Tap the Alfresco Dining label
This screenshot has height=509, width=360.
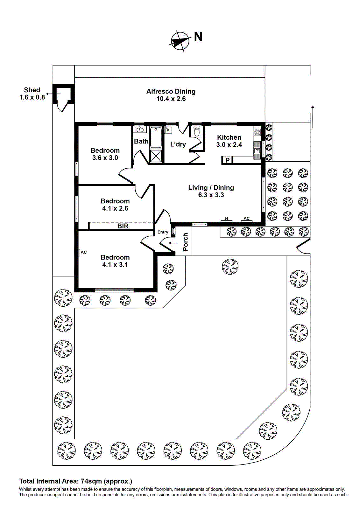pyautogui.click(x=171, y=92)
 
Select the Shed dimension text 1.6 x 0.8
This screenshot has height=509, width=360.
pyautogui.click(x=32, y=98)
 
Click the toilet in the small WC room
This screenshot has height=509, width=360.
pyautogui.click(x=196, y=131)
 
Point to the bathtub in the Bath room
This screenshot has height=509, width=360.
pyautogui.click(x=156, y=137)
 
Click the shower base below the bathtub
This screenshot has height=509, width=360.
pyautogui.click(x=156, y=156)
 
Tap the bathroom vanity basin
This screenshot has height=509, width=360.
pyautogui.click(x=139, y=129)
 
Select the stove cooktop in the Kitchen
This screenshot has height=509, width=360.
pyautogui.click(x=257, y=132)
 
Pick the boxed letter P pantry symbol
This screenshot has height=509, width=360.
pyautogui.click(x=227, y=160)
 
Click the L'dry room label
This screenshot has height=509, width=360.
pyautogui.click(x=178, y=144)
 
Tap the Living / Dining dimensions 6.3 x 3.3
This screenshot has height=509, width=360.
pyautogui.click(x=211, y=195)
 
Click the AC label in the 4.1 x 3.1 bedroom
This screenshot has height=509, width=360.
pyautogui.click(x=83, y=252)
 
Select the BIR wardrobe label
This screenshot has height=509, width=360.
pyautogui.click(x=123, y=226)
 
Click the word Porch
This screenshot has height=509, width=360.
pyautogui.click(x=185, y=242)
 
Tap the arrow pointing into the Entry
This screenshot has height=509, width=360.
pyautogui.click(x=173, y=243)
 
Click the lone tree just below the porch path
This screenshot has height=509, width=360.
pyautogui.click(x=230, y=266)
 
